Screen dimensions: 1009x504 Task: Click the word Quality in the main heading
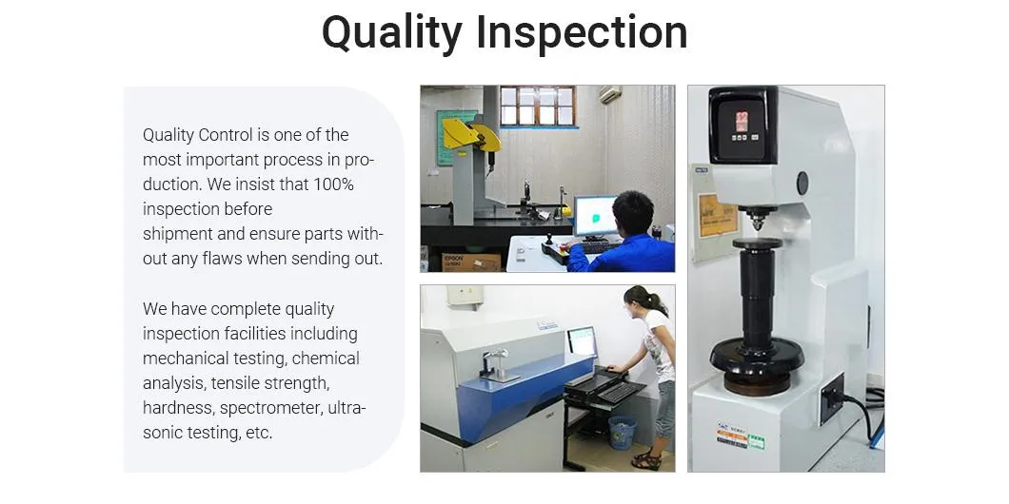point(391,32)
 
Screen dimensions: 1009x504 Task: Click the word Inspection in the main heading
point(582,32)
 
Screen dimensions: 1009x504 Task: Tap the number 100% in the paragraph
point(333,184)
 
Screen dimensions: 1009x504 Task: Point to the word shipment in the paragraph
point(178,234)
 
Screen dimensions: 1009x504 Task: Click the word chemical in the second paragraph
point(326,359)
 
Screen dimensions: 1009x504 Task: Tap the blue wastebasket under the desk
point(622,432)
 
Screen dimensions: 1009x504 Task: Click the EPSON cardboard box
point(471,262)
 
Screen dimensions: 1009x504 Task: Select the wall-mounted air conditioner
point(610,94)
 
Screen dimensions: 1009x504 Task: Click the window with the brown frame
point(537,107)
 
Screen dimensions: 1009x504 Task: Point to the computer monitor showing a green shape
point(595,217)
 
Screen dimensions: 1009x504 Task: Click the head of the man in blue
point(633,213)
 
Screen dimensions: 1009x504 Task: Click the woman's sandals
point(646,460)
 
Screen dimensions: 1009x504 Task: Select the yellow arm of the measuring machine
point(472,134)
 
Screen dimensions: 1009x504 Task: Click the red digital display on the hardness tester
point(742,121)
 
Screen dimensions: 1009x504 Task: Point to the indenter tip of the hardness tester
point(758,227)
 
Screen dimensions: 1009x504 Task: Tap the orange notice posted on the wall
point(718,216)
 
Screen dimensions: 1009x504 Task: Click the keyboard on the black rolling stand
point(618,392)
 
